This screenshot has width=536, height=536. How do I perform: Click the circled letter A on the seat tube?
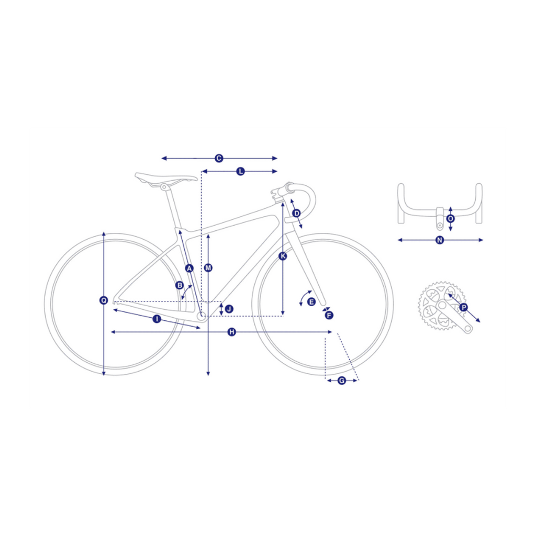189,269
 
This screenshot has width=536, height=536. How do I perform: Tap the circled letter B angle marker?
180,285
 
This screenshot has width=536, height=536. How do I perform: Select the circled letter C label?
219,158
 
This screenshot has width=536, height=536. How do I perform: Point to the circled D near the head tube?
296,214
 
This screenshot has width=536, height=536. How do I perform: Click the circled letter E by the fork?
311,302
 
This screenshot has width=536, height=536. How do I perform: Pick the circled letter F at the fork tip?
329,315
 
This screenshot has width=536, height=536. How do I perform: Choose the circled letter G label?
342,381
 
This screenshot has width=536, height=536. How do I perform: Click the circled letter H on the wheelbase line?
232,332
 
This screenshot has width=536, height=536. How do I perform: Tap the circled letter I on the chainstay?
157,319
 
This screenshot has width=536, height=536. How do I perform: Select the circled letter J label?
229,309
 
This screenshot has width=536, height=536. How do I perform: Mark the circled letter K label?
283,256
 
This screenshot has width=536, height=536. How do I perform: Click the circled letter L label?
241,171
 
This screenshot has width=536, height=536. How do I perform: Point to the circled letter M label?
208,268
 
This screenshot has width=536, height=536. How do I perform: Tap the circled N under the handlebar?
440,240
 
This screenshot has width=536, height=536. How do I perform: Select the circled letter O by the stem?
451,219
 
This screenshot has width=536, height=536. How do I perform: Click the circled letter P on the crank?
464,307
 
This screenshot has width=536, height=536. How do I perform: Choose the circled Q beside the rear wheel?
104,300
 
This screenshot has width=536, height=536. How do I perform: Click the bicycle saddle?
166,178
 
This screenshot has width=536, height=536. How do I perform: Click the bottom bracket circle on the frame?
202,315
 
